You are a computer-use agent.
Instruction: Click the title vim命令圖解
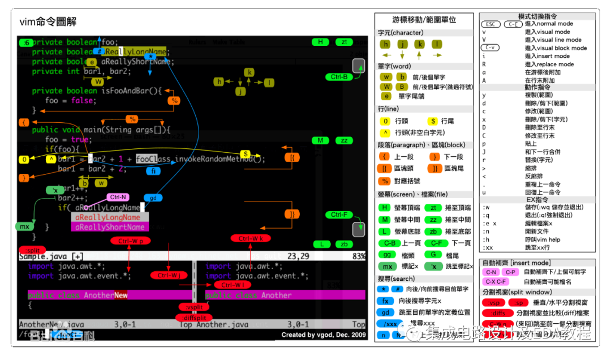48,23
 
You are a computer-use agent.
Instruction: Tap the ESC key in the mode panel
490,24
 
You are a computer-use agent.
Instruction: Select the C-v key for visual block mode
490,48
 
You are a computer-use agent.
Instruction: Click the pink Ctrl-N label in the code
118,198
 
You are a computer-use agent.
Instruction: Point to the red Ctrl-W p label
131,241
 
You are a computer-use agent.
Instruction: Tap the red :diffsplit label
193,318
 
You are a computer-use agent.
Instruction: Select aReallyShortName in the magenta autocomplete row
110,227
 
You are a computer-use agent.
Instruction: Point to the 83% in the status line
359,256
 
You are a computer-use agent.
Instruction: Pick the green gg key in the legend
386,255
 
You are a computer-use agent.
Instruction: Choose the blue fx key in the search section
385,301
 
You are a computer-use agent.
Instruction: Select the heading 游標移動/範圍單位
424,20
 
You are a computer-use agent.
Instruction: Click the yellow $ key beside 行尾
433,121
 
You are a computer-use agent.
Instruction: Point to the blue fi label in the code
153,171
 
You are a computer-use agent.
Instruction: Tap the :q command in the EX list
486,215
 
